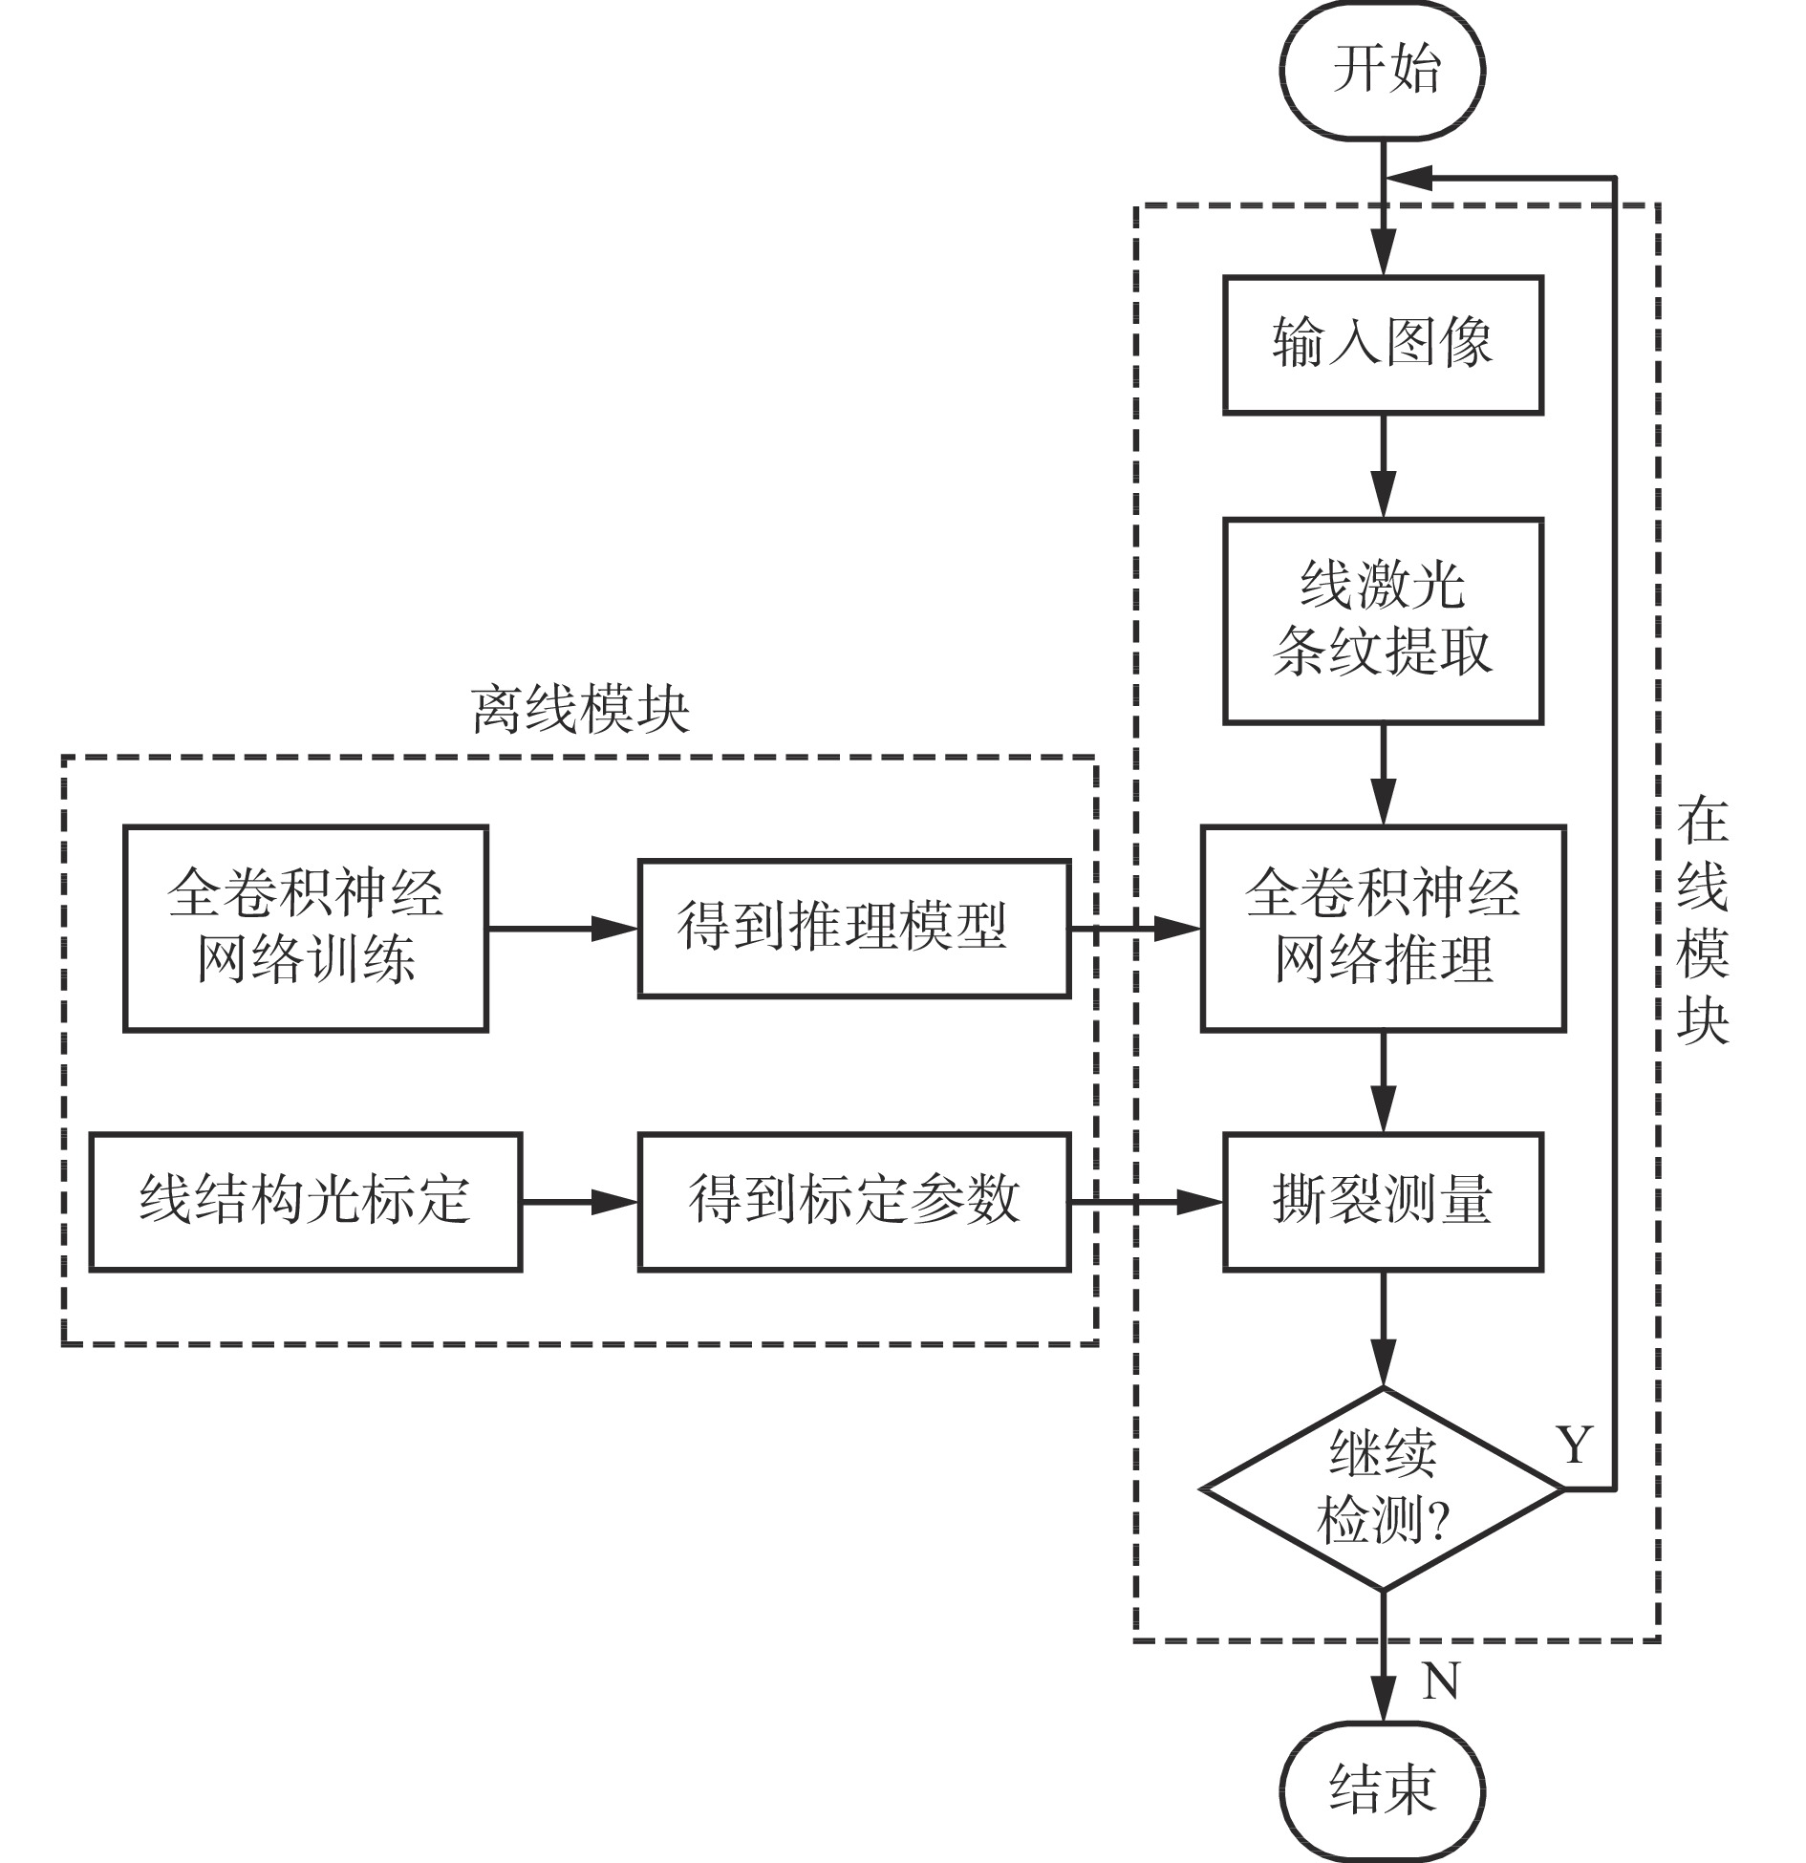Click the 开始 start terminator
pos(1383,71)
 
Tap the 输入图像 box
pos(1383,345)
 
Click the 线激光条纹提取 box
pos(1383,621)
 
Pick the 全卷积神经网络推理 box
pos(1383,928)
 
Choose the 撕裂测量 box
pos(1383,1202)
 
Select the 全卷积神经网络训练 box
pos(306,928)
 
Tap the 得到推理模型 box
pos(853,928)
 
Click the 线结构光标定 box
pos(306,1202)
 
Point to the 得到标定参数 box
pos(853,1202)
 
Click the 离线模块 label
pos(580,711)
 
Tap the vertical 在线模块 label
pos(1703,922)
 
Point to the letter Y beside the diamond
pos(1575,1445)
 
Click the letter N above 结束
pos(1440,1681)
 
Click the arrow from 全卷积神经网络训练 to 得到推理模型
pos(563,928)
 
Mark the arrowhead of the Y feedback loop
pos(1407,178)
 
